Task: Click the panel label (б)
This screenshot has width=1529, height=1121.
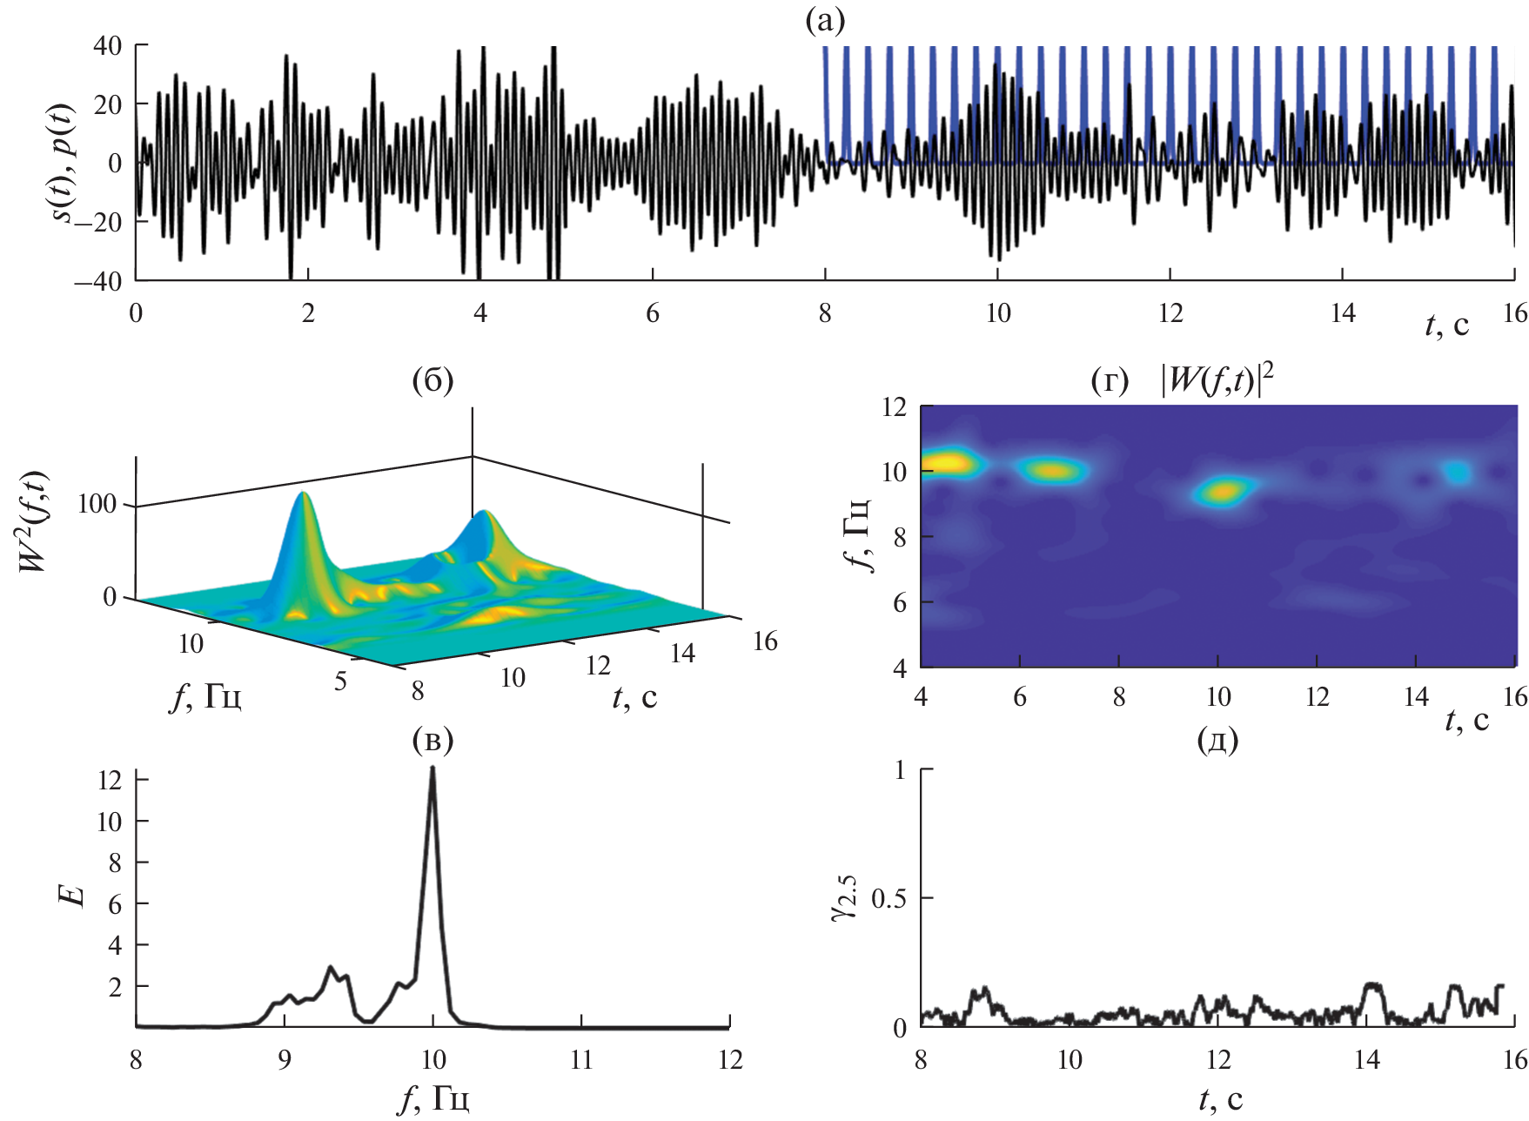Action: (432, 380)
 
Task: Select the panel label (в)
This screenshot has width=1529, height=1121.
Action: (432, 740)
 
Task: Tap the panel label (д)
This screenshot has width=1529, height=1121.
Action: (1217, 740)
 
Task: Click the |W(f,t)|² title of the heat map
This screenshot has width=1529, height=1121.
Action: (1217, 380)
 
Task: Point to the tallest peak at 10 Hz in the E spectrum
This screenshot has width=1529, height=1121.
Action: (433, 769)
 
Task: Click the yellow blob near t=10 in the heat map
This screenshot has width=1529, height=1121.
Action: (1224, 492)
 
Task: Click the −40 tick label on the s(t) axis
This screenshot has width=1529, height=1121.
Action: (97, 281)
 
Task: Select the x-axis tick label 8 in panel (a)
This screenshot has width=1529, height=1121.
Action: (825, 313)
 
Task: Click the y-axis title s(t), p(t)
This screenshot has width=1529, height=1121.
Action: (63, 163)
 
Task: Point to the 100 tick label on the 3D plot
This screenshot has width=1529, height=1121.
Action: (97, 504)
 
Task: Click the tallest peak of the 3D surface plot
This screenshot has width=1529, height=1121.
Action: (303, 495)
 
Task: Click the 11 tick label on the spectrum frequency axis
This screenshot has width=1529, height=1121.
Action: (581, 1059)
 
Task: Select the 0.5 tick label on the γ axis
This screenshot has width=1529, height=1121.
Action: (889, 898)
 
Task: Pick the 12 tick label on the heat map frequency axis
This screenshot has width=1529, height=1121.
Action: (894, 407)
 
